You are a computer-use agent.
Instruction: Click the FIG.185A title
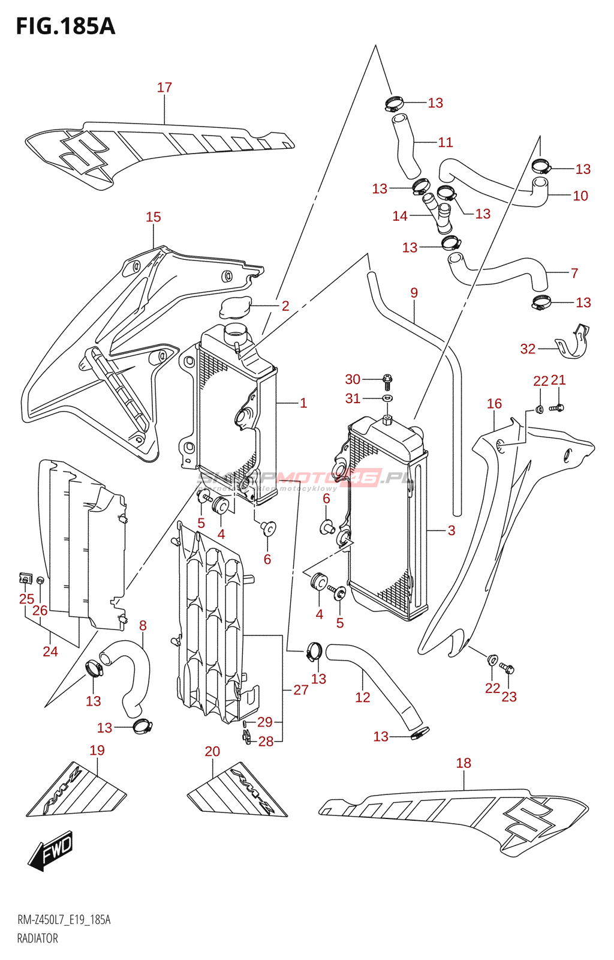pyautogui.click(x=65, y=26)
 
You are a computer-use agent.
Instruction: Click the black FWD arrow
pyautogui.click(x=51, y=851)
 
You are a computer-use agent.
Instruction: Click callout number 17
pyautogui.click(x=164, y=88)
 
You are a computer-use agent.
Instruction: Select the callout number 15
pyautogui.click(x=153, y=217)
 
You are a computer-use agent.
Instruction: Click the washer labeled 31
pyautogui.click(x=387, y=398)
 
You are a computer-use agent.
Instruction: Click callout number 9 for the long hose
pyautogui.click(x=414, y=293)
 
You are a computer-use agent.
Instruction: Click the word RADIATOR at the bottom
pyautogui.click(x=37, y=938)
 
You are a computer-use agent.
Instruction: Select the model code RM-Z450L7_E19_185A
pyautogui.click(x=64, y=920)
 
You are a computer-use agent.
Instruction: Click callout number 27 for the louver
pyautogui.click(x=301, y=690)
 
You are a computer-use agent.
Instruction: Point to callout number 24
pyautogui.click(x=50, y=652)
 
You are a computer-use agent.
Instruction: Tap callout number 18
pyautogui.click(x=463, y=763)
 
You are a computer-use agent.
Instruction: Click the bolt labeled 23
pyautogui.click(x=507, y=668)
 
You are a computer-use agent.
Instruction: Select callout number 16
pyautogui.click(x=494, y=404)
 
